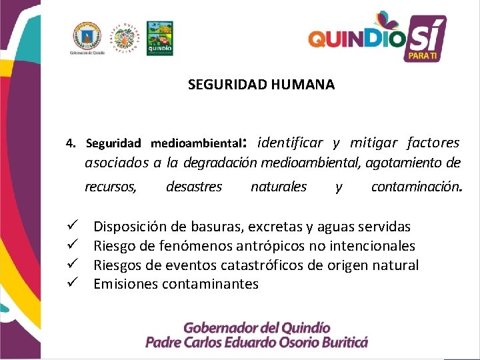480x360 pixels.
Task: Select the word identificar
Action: (x=289, y=142)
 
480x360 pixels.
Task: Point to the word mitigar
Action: (x=373, y=142)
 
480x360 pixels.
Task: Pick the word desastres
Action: (x=193, y=187)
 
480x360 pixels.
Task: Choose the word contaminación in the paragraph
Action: (x=415, y=187)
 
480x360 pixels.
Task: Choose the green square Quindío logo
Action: (x=159, y=38)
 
